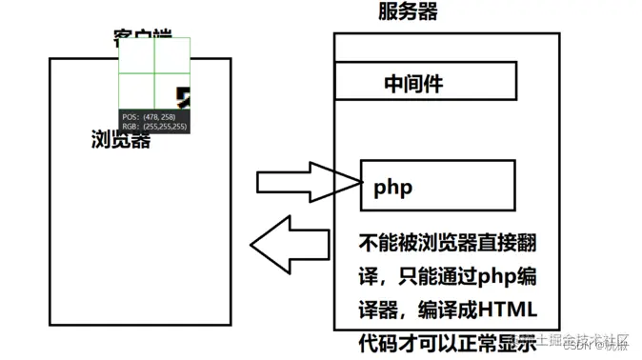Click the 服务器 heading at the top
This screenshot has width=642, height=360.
tap(409, 11)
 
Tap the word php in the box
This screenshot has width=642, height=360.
tap(393, 187)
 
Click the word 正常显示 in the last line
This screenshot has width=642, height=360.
tap(496, 341)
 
